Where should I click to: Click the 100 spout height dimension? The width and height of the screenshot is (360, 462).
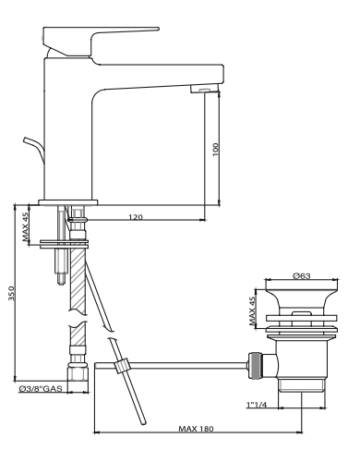[215, 149]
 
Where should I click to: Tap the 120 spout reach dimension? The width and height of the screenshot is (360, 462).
[136, 217]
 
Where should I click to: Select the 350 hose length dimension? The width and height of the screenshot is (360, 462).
[11, 293]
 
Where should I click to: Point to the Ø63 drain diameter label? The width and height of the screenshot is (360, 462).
[302, 275]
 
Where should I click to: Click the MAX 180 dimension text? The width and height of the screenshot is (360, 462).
[196, 429]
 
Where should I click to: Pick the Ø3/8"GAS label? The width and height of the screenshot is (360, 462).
[41, 389]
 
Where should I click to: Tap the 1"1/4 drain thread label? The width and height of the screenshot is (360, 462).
[257, 405]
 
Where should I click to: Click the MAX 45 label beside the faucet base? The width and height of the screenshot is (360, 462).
[25, 226]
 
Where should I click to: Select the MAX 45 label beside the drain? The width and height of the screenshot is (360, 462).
[252, 311]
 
